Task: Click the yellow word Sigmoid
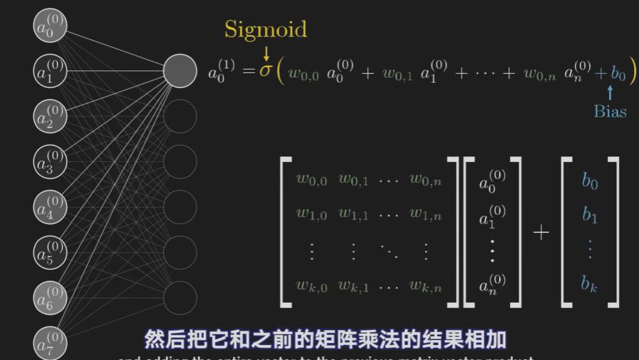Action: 266,29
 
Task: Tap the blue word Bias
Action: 610,111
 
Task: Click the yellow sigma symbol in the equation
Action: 266,71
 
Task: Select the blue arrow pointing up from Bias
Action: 610,92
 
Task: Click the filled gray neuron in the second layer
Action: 180,71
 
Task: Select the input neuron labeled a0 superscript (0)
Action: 50,25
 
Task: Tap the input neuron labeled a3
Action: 50,162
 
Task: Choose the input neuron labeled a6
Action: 50,296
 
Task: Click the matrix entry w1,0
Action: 311,215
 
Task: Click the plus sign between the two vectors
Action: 541,233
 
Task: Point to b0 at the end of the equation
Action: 618,73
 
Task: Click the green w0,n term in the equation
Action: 539,73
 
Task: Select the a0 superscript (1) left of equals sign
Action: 221,71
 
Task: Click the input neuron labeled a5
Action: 50,252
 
